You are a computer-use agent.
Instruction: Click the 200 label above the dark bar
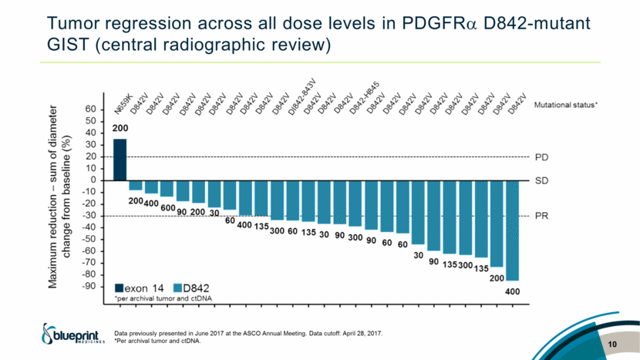click(x=120, y=129)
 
